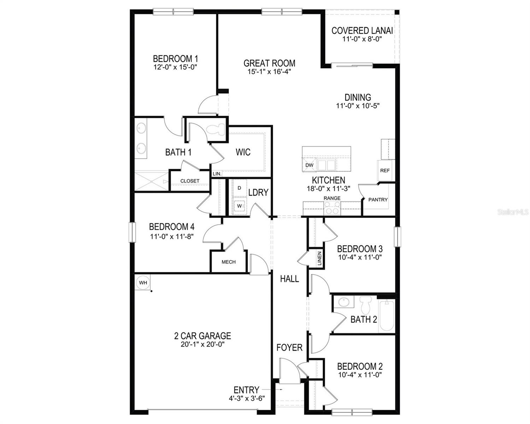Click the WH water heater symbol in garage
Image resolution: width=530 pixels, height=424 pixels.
(x=143, y=283)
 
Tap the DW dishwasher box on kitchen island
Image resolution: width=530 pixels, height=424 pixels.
(x=309, y=165)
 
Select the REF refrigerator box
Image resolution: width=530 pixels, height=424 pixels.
(x=385, y=170)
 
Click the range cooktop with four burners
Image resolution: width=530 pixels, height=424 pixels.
(x=332, y=208)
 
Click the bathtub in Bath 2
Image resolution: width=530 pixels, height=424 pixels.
(x=387, y=316)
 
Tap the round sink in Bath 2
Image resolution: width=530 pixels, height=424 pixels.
(x=343, y=302)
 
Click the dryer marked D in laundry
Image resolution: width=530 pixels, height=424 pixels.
(x=239, y=189)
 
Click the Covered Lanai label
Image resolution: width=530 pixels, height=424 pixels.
(x=362, y=31)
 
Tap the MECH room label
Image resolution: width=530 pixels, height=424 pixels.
(x=228, y=262)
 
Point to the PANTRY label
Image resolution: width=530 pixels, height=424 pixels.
(x=378, y=200)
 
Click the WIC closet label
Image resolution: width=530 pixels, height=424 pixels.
(x=243, y=152)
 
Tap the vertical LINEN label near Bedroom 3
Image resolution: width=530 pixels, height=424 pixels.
(x=319, y=259)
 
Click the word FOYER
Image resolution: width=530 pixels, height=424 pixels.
(x=289, y=348)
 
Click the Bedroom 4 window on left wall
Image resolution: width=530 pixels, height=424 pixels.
(x=132, y=232)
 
